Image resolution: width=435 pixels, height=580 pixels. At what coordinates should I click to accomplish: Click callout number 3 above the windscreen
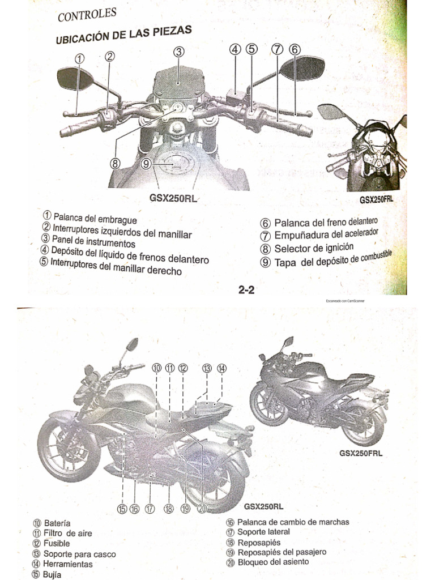pyautogui.click(x=179, y=52)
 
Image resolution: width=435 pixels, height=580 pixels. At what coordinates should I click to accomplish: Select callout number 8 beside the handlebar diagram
pyautogui.click(x=116, y=163)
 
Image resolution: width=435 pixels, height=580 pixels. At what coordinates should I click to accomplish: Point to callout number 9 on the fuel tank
pyautogui.click(x=147, y=164)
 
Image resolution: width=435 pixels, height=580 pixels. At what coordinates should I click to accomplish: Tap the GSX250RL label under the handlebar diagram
pyautogui.click(x=168, y=198)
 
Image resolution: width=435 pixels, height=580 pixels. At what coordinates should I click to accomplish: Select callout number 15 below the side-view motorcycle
pyautogui.click(x=122, y=509)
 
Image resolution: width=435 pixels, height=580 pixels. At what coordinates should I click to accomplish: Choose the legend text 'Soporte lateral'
pyautogui.click(x=263, y=532)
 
